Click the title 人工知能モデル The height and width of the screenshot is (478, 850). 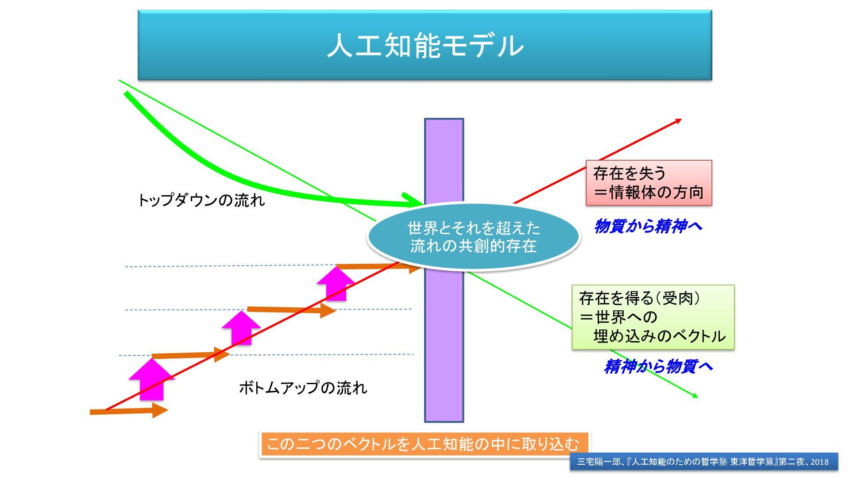[425, 45]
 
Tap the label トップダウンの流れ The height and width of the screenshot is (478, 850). [201, 200]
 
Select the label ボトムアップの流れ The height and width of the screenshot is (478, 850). [303, 388]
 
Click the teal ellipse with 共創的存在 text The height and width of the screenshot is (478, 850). [473, 237]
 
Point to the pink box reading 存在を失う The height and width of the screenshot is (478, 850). [649, 183]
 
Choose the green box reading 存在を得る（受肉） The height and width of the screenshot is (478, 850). [653, 317]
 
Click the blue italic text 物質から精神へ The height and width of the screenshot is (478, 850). [648, 226]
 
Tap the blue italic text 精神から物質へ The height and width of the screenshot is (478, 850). [658, 366]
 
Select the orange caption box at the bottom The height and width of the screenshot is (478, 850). [424, 444]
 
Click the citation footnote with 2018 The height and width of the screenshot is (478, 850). [703, 462]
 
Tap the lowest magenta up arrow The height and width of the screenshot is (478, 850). [152, 380]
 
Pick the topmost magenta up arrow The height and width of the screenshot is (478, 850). [336, 283]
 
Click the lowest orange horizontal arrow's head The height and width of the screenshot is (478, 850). [159, 410]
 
